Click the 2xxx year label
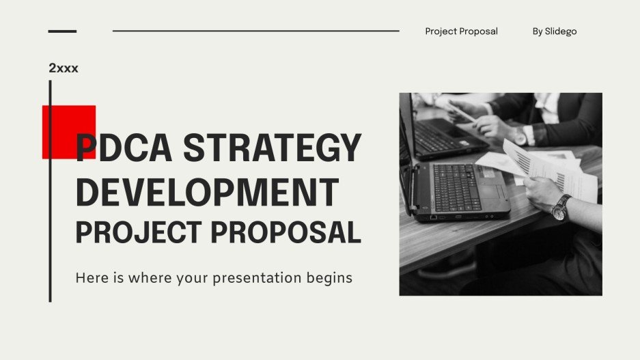64,68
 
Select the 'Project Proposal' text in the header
461,31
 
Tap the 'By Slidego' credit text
555,31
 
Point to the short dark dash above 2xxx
62,31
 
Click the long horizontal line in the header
255,31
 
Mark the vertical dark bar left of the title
50,191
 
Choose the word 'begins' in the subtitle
330,279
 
